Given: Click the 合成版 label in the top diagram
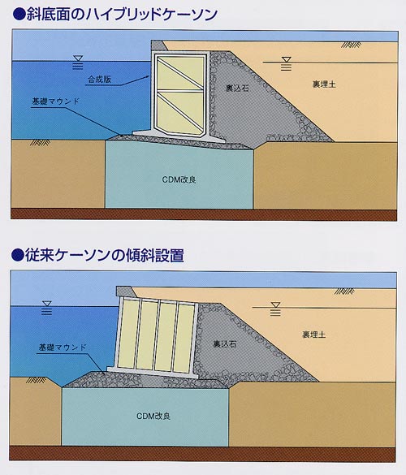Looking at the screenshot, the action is (x=99, y=80).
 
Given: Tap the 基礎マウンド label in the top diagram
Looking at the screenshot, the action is (x=55, y=101).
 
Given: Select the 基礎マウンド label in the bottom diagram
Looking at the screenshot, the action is (x=63, y=348).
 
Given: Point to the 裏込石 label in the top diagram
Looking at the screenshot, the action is (x=238, y=88).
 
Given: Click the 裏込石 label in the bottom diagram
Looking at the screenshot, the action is (x=224, y=343).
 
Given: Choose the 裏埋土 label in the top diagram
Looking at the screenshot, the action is (x=324, y=84).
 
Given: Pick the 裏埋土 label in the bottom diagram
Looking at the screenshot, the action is (x=314, y=335).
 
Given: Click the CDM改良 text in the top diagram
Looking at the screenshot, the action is (x=179, y=179).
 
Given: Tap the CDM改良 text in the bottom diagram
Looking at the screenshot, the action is (x=153, y=416).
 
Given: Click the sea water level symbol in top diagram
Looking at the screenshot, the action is (x=78, y=62).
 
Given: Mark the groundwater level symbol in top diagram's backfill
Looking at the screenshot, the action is (x=286, y=63).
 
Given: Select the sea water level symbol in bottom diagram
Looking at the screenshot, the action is (x=46, y=308).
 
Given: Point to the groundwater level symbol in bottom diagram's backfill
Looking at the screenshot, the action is (x=275, y=309).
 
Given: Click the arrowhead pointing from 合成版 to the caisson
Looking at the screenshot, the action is (x=147, y=76).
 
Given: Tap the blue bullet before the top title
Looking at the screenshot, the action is (x=19, y=15).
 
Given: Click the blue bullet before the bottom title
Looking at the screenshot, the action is (x=17, y=255).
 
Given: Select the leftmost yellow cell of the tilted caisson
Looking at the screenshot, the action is (x=127, y=335).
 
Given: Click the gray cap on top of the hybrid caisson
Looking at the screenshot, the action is (x=158, y=45).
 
